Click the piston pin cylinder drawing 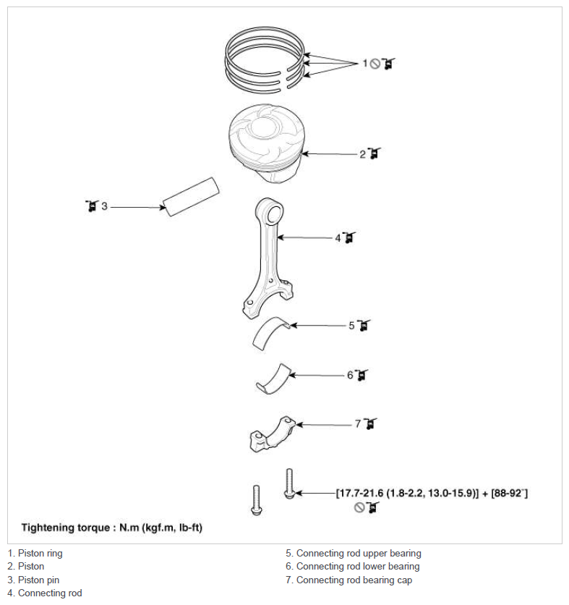tap(191, 197)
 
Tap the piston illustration tap(265, 143)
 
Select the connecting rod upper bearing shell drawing tap(271, 334)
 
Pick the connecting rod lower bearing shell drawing tap(273, 379)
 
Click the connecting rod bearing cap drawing tap(273, 433)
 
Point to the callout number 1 tap(364, 63)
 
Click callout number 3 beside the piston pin tap(104, 206)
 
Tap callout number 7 tap(358, 424)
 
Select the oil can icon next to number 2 tap(374, 153)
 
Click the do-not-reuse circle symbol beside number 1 tap(375, 64)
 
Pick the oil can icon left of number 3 tap(91, 206)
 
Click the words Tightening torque tap(66, 528)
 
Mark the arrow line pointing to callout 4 tap(305, 237)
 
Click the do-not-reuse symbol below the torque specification tap(359, 507)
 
